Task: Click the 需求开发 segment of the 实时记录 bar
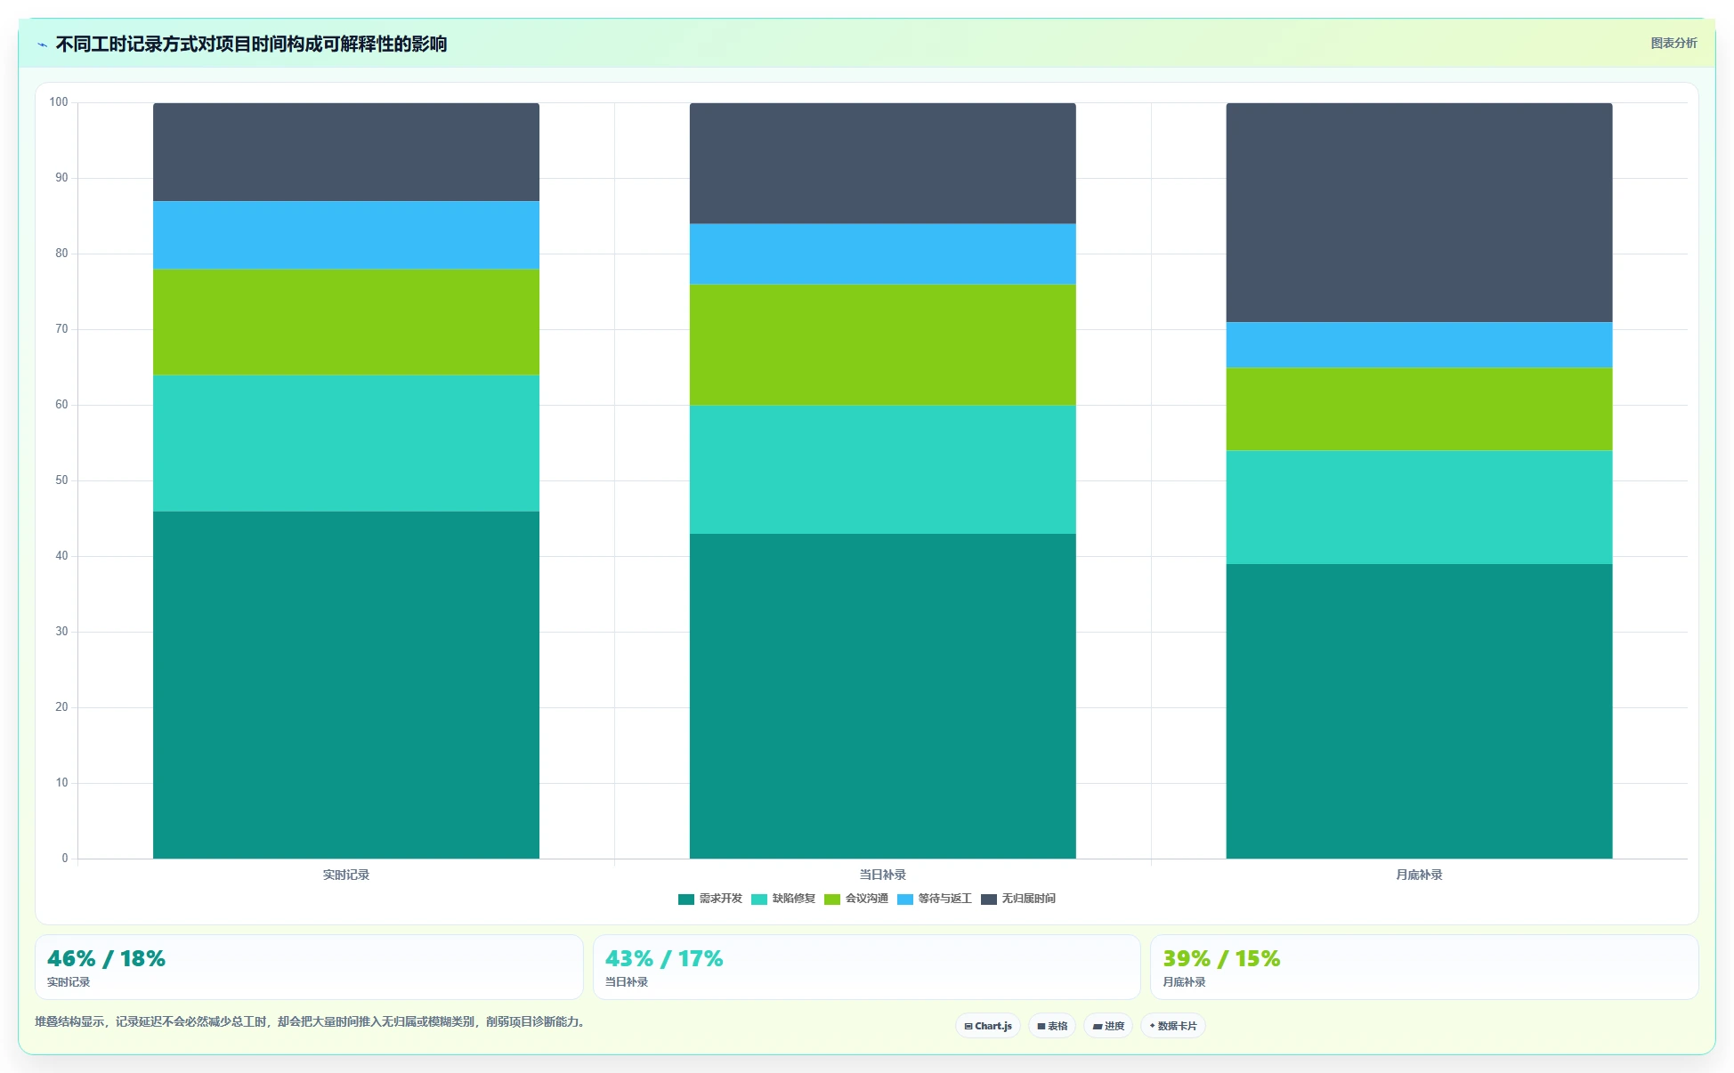[x=345, y=685]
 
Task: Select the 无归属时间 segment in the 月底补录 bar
[x=1419, y=213]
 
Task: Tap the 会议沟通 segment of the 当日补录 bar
[x=882, y=345]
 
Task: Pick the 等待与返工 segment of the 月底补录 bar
[x=1419, y=345]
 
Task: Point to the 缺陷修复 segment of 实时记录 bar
[x=345, y=443]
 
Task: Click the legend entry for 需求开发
[x=710, y=899]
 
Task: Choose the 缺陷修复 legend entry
[x=783, y=899]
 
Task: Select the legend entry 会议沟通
[x=856, y=899]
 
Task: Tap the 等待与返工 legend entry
[x=935, y=899]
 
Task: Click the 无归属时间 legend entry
[x=1018, y=899]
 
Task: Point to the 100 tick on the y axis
[x=59, y=102]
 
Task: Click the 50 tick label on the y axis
[x=61, y=480]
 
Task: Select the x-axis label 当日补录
[x=882, y=875]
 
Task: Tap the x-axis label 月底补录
[x=1419, y=875]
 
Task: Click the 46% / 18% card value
[x=106, y=958]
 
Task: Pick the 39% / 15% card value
[x=1221, y=958]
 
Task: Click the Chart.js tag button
[x=988, y=1026]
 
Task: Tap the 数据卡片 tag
[x=1173, y=1026]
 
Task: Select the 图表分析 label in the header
[x=1673, y=43]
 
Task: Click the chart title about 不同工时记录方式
[x=251, y=44]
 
